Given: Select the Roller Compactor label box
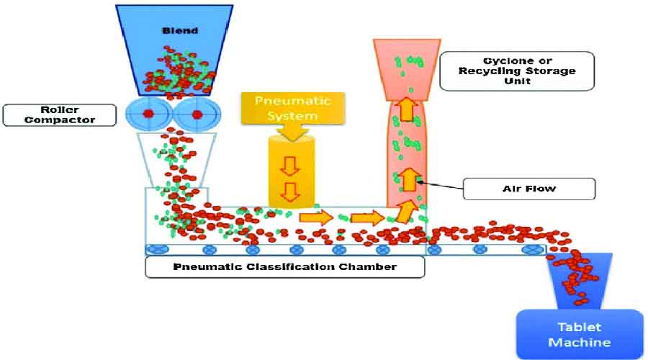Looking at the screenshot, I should [59, 114].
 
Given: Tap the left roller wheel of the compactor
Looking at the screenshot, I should [149, 114].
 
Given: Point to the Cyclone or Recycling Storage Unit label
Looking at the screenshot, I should [516, 71].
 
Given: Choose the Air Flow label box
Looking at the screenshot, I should [528, 189].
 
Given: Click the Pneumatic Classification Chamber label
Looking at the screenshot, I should [285, 267].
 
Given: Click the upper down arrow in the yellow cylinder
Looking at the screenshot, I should [290, 166].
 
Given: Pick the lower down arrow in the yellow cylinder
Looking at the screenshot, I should [290, 192].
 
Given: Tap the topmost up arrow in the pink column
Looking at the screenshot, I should [407, 109].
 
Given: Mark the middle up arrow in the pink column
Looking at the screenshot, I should [408, 177].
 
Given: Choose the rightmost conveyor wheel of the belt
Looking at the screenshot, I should [534, 249].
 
